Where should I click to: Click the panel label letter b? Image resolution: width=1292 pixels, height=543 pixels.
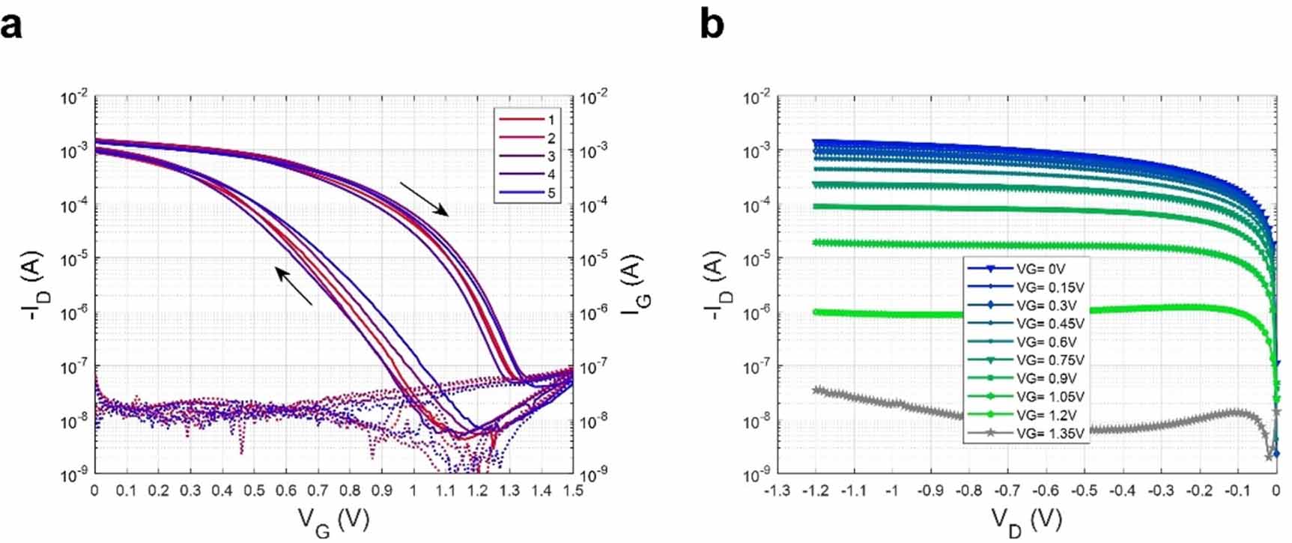coord(712,25)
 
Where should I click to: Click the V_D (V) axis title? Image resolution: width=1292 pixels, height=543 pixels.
coord(1027,519)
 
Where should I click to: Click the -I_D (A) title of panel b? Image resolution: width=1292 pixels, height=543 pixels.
coord(719,286)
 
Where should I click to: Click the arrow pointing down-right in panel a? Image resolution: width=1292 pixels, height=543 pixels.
coord(424,198)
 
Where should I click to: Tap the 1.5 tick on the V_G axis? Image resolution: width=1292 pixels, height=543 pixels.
coord(572,491)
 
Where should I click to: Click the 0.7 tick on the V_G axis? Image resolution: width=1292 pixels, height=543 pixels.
coord(318,491)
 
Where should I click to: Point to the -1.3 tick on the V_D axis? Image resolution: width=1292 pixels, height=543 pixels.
coord(775,491)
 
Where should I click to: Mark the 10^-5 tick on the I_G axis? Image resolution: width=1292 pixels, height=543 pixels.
coord(594,259)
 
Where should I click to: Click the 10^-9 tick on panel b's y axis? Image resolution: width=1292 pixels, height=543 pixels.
coord(757,475)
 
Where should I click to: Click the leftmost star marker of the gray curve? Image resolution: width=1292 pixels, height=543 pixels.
coord(817,390)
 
